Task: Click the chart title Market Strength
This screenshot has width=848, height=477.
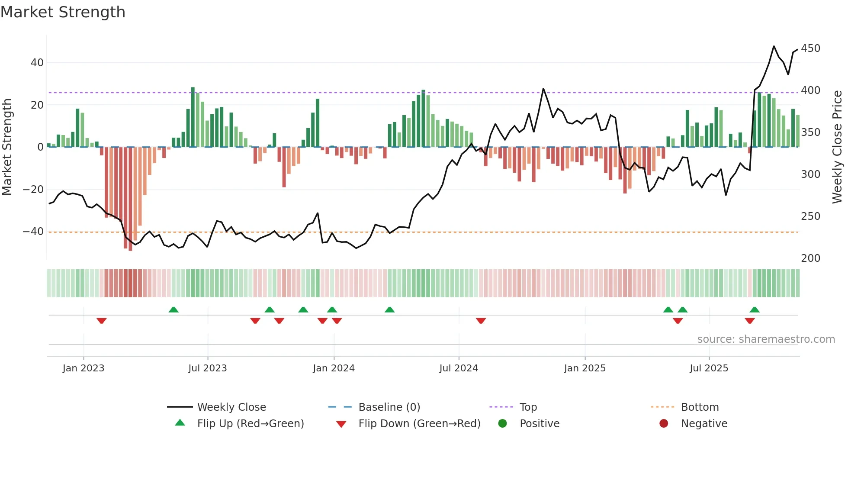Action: point(63,12)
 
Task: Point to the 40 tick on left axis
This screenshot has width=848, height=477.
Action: point(37,63)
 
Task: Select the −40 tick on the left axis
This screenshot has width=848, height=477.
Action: point(34,232)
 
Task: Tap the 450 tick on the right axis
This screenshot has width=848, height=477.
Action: point(810,48)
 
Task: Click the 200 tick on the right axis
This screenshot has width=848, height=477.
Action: point(810,258)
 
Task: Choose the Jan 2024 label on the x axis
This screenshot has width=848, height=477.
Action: point(334,368)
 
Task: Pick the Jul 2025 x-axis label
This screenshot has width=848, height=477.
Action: point(709,368)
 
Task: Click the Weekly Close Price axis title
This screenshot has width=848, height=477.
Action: point(837,147)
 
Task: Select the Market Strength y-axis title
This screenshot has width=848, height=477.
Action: point(7,147)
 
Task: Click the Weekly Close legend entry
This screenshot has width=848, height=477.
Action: point(231,407)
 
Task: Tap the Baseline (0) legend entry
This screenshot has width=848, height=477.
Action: point(389,407)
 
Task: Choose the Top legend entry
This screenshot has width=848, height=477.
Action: point(528,407)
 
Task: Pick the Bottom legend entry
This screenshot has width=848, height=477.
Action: point(700,407)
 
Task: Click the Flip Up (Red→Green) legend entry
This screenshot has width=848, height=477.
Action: point(250,424)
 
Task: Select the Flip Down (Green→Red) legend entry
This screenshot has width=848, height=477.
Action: point(419,424)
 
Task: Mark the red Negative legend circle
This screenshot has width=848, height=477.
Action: point(664,424)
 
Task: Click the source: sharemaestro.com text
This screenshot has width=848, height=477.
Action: point(766,339)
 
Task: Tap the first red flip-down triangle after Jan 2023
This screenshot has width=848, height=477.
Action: point(102,321)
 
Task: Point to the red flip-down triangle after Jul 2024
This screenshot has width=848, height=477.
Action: point(481,321)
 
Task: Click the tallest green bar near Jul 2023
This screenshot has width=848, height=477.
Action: point(193,117)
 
